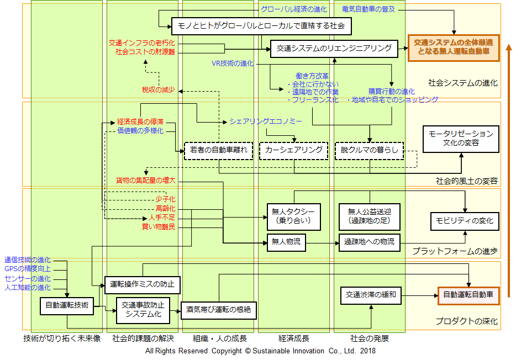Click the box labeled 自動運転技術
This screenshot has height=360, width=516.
[x=67, y=306]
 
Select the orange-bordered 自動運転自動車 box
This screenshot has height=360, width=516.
[x=468, y=295]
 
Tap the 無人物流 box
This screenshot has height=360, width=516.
[x=286, y=242]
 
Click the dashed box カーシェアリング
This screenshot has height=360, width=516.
[x=294, y=151]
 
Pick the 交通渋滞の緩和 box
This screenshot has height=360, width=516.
[x=371, y=295]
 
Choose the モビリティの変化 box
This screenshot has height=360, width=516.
[x=465, y=221]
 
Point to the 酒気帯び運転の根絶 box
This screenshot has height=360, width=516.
[x=219, y=310]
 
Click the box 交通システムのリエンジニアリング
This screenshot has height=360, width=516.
[x=334, y=49]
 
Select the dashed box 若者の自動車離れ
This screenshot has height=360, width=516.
[x=219, y=151]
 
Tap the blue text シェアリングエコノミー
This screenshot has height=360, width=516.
[x=266, y=121]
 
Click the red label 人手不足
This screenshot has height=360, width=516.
[x=162, y=218]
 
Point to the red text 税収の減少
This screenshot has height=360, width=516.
[x=159, y=90]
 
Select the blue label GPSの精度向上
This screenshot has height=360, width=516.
[x=28, y=269]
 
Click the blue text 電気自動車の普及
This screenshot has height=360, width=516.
[x=368, y=9]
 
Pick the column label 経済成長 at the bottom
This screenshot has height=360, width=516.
[x=294, y=338]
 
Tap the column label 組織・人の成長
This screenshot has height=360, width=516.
[x=220, y=338]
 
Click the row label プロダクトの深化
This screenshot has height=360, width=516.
[x=467, y=321]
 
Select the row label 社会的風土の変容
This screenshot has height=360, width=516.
[x=467, y=181]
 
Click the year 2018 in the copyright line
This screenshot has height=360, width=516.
[x=368, y=351]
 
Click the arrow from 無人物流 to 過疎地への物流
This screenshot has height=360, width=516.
[x=323, y=243]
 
